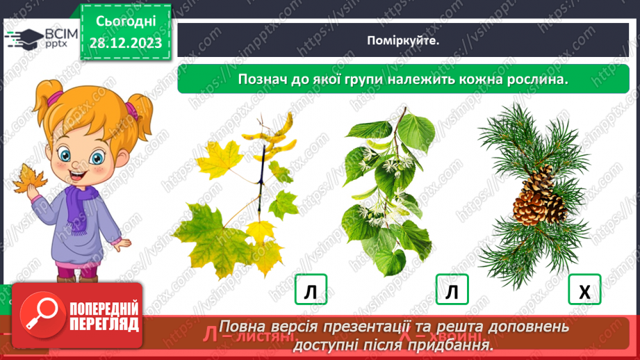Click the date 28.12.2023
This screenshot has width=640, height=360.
pyautogui.click(x=125, y=43)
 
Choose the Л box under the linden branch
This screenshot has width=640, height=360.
pyautogui.click(x=452, y=290)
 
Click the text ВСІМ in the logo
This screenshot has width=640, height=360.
pyautogui.click(x=56, y=34)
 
